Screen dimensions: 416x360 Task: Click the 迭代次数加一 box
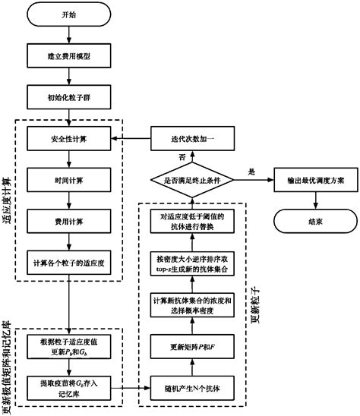[x=185, y=139]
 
